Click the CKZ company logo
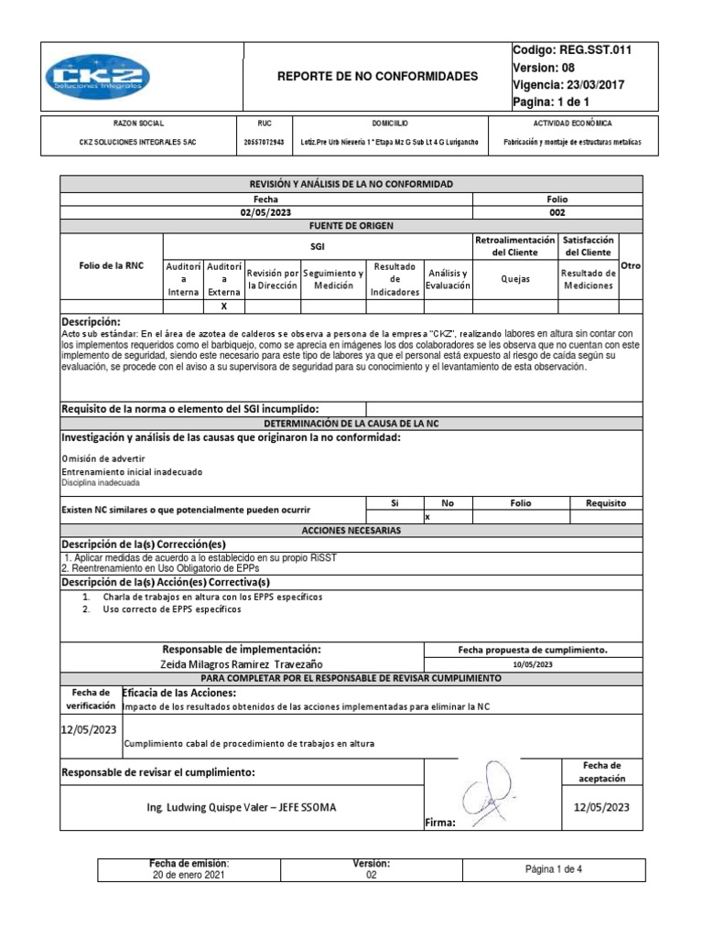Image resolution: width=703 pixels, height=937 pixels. [98, 76]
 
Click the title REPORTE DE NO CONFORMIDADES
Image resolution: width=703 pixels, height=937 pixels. [377, 77]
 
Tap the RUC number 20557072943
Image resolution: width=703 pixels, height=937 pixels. [265, 143]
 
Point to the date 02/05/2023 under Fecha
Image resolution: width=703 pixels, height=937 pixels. [265, 211]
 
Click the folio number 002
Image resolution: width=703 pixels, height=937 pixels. [557, 211]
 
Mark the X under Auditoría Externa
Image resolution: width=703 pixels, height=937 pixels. [224, 307]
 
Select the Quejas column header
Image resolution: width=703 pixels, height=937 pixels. [515, 280]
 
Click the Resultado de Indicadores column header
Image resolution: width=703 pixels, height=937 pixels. [395, 279]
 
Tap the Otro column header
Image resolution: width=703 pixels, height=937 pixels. [631, 265]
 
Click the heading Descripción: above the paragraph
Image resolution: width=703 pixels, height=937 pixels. [91, 322]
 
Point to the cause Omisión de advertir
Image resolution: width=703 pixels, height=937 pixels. [103, 458]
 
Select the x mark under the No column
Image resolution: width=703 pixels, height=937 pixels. [427, 517]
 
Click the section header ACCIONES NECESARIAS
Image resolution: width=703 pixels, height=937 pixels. [351, 530]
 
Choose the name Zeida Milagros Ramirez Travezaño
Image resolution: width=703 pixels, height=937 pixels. [242, 663]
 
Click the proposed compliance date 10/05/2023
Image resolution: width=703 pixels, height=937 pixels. [534, 663]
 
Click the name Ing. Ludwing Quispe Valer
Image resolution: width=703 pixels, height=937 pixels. [219, 807]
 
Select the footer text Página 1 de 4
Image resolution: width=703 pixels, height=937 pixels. [554, 869]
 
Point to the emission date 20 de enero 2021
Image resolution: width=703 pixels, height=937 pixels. [189, 875]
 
